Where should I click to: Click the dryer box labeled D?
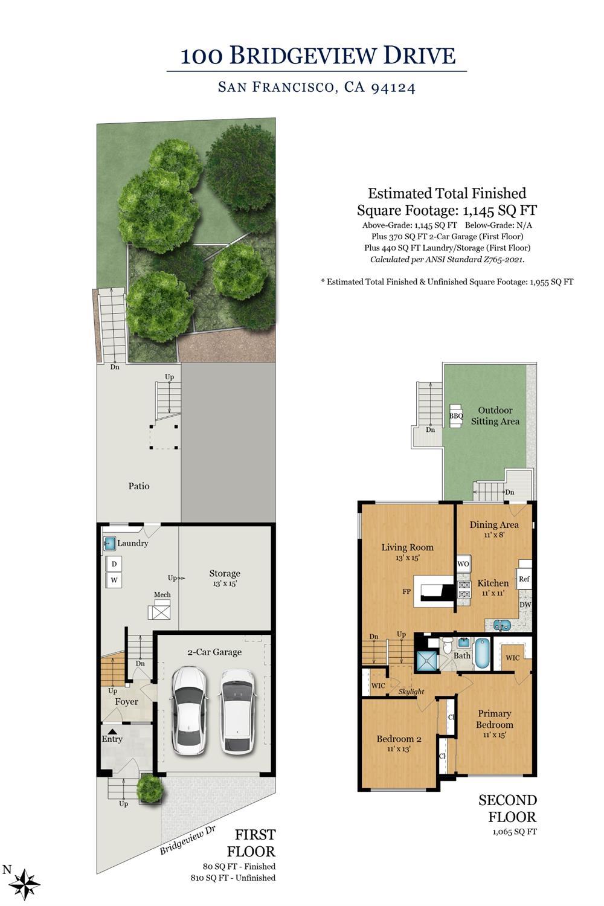pyautogui.click(x=114, y=564)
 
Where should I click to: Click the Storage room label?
pyautogui.click(x=225, y=573)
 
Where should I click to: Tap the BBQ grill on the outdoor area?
pyautogui.click(x=456, y=416)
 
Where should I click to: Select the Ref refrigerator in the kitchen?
pyautogui.click(x=524, y=579)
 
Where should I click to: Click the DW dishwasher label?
pyautogui.click(x=525, y=604)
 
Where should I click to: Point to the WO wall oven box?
pyautogui.click(x=463, y=564)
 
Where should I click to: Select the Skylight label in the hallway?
pyautogui.click(x=411, y=691)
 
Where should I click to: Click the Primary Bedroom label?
pyautogui.click(x=494, y=719)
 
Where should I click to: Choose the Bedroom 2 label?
pyautogui.click(x=399, y=739)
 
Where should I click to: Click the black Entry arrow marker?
pyautogui.click(x=112, y=731)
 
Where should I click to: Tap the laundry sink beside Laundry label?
pyautogui.click(x=109, y=543)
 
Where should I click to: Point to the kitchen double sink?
pyautogui.click(x=502, y=625)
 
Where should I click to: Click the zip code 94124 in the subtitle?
pyautogui.click(x=393, y=88)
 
